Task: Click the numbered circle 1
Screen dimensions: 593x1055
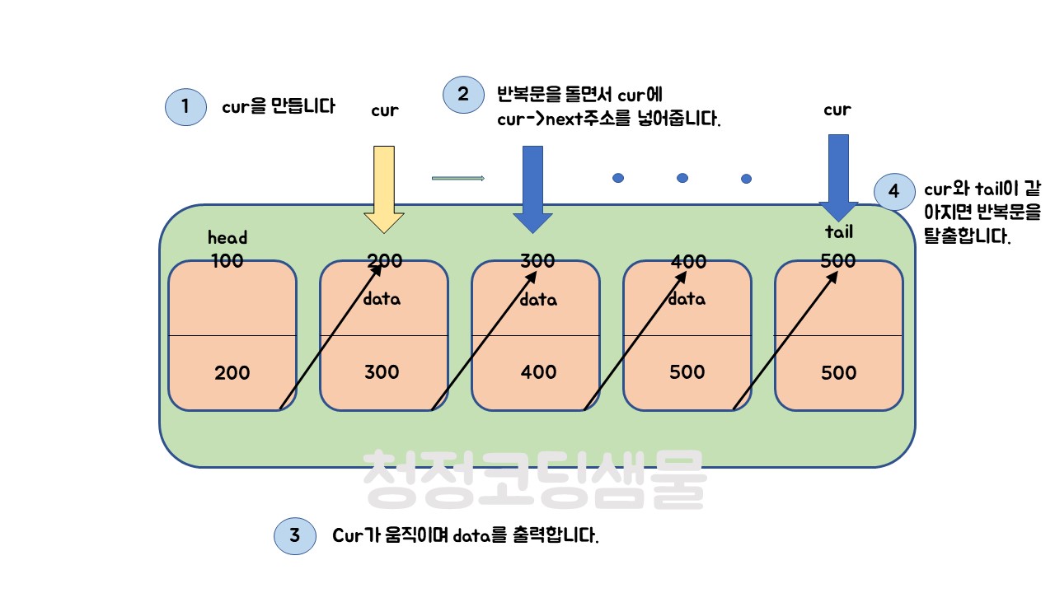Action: (185, 107)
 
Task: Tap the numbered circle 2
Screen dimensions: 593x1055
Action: (463, 94)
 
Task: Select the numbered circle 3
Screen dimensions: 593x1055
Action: (294, 536)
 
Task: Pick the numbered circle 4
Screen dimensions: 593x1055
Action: (894, 193)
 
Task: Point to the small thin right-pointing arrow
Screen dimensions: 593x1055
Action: (457, 178)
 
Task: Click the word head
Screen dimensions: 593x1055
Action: (227, 238)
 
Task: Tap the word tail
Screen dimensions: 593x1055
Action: (838, 232)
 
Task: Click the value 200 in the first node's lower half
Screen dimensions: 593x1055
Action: (232, 373)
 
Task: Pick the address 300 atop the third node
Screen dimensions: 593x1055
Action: (537, 262)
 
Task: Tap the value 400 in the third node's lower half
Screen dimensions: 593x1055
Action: (538, 372)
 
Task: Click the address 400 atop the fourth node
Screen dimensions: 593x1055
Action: (689, 262)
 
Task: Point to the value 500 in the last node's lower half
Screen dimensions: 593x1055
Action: (839, 373)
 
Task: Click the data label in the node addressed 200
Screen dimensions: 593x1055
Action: (382, 299)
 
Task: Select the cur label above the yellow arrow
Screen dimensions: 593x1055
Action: (385, 110)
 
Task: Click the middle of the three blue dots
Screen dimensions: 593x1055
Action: (682, 178)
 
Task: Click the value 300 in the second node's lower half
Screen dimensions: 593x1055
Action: (382, 372)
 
